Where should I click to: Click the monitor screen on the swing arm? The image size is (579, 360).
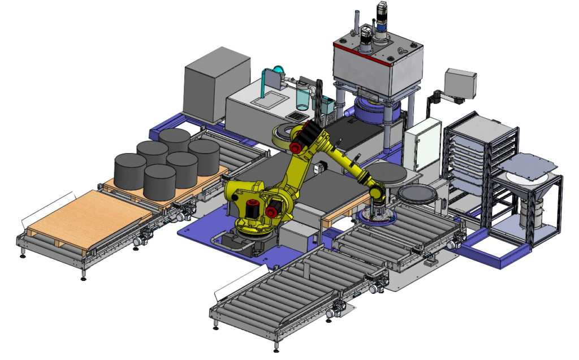pyautogui.click(x=460, y=82)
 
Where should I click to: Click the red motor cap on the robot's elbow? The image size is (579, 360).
pyautogui.click(x=295, y=148)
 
